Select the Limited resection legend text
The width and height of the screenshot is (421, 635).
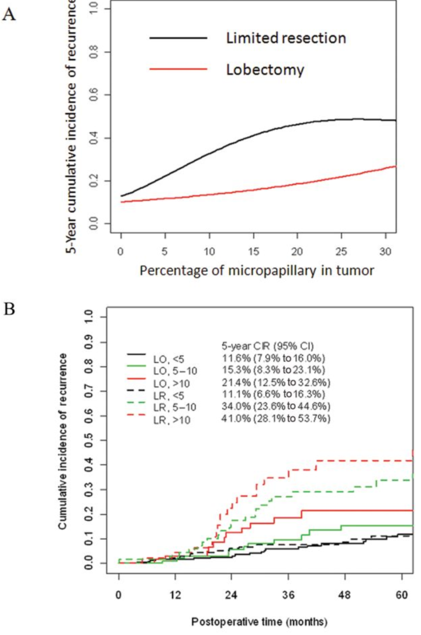click(x=285, y=39)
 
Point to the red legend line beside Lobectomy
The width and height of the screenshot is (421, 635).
click(x=178, y=70)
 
